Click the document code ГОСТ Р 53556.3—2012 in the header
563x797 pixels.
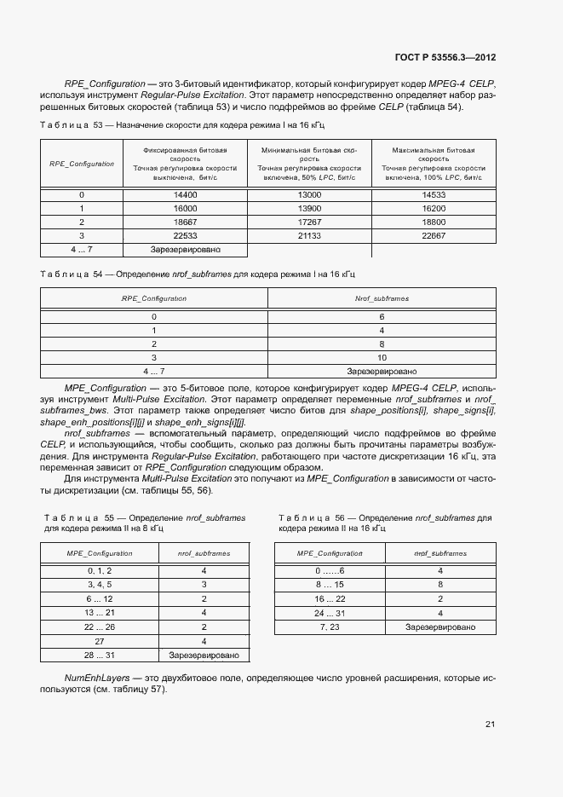click(445, 58)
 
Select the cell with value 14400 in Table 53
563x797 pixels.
click(185, 195)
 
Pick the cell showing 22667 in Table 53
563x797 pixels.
click(434, 235)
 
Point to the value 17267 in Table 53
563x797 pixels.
click(309, 222)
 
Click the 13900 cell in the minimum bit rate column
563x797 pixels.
click(309, 209)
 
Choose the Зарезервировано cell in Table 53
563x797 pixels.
click(185, 250)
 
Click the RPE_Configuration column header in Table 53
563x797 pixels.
click(82, 164)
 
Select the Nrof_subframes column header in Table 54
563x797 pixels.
click(382, 298)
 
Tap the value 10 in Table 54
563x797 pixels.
click(382, 358)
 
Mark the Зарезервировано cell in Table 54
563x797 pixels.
click(382, 372)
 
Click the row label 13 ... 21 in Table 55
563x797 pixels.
click(100, 613)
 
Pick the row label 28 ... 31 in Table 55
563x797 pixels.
click(100, 655)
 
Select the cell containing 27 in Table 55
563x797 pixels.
click(100, 641)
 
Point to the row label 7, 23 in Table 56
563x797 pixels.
click(330, 627)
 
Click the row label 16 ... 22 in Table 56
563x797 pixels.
click(330, 599)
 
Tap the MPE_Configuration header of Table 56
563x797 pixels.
click(330, 553)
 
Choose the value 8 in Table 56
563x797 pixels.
click(440, 586)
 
